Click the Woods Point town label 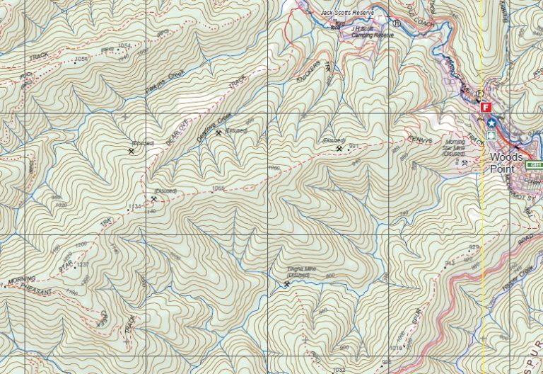[506, 163]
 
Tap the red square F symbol [485, 108]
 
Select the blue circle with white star [491, 123]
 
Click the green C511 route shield [533, 164]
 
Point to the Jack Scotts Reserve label [346, 13]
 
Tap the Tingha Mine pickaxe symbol [286, 285]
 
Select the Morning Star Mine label [453, 146]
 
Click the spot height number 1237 [83, 264]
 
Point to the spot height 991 [354, 146]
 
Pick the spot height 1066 [218, 188]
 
